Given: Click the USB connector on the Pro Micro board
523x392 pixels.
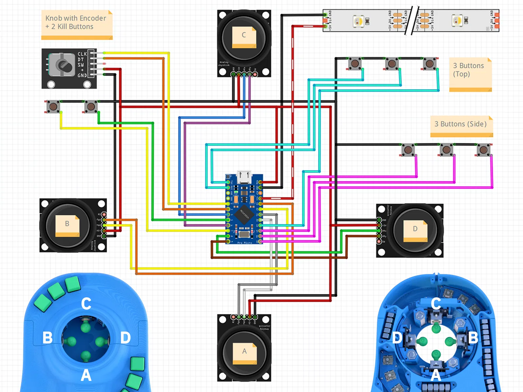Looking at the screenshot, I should pos(244,176).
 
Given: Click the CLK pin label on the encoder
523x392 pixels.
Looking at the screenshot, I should pos(82,54).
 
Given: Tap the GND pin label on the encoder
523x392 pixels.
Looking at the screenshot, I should pos(82,75).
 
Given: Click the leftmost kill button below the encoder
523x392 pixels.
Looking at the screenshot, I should pos(53,106).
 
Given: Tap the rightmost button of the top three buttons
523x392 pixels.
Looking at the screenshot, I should pos(430,64).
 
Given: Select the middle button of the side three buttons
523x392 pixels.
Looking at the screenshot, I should pos(446,150).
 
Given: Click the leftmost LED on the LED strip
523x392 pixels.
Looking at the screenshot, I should pos(358,21).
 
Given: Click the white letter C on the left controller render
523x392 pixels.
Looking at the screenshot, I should pos(86,304).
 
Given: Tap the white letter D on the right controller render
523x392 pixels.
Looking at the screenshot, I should pos(397,338).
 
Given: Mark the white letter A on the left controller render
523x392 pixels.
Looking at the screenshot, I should pos(86,375).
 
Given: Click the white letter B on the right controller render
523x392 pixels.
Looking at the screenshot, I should pos(473,338).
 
